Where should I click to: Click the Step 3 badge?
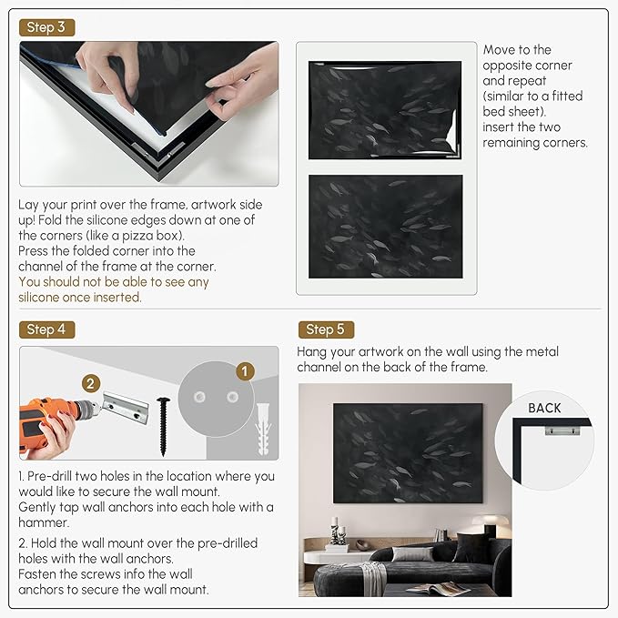coord(46,27)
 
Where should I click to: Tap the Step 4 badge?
coord(46,329)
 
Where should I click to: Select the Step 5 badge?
coord(325,329)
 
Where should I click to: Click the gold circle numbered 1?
coord(242,371)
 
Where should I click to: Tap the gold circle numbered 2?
coord(90,383)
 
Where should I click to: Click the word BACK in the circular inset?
coord(544,408)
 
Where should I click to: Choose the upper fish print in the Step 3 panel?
coord(385,109)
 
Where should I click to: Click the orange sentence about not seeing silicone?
coord(114,289)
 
